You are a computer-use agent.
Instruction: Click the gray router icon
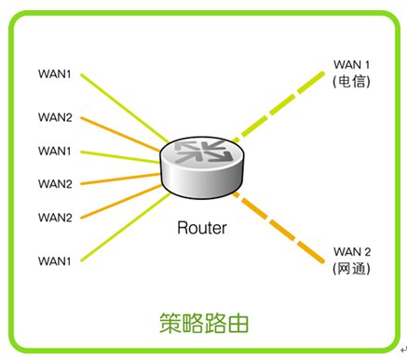[202, 167]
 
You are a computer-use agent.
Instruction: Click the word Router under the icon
[202, 228]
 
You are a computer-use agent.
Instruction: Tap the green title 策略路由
[204, 323]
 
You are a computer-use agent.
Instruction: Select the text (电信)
[351, 82]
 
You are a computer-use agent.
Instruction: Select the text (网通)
[351, 269]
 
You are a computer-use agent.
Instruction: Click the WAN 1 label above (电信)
[351, 65]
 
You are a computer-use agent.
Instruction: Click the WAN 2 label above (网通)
[352, 252]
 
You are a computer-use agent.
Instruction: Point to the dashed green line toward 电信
[278, 108]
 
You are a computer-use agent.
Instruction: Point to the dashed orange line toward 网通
[278, 227]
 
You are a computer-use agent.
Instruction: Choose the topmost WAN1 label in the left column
[55, 74]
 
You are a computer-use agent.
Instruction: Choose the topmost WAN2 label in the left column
[55, 117]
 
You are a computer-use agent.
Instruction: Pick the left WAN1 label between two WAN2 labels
[55, 151]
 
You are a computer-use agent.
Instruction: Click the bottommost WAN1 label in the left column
[55, 261]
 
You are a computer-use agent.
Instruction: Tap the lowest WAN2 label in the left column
[55, 218]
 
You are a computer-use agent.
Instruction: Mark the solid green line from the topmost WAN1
[125, 109]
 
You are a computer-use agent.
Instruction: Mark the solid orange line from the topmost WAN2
[120, 135]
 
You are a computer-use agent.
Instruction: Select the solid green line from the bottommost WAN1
[126, 227]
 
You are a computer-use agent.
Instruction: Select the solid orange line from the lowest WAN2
[121, 202]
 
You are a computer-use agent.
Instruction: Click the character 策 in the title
[170, 323]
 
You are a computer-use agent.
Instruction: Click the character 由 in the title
[238, 324]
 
